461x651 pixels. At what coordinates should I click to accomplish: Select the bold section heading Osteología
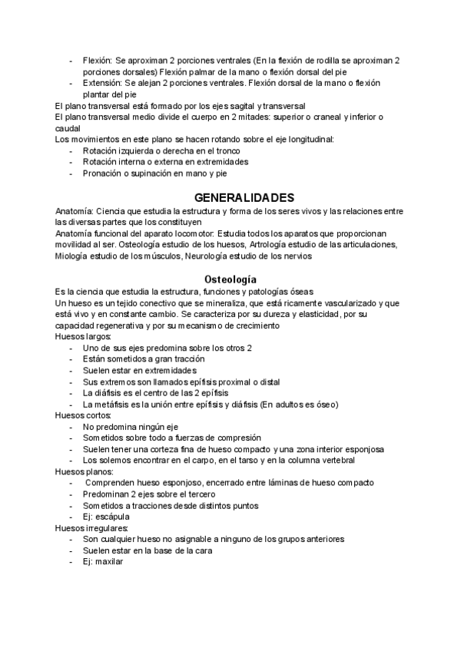230,278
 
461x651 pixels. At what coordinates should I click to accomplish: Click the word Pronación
104,173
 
